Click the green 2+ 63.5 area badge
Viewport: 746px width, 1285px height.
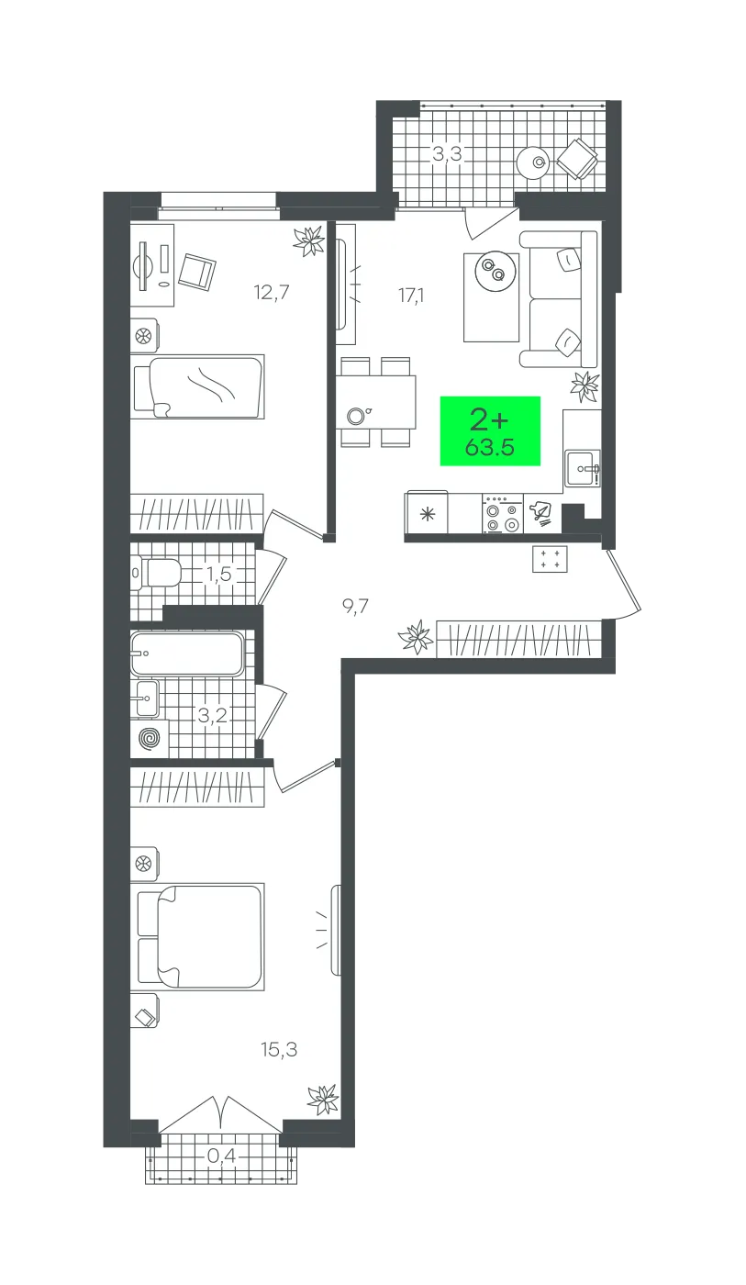490,430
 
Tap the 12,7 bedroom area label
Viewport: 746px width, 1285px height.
272,293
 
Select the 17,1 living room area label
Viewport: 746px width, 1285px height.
411,296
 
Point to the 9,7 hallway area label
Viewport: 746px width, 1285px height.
355,606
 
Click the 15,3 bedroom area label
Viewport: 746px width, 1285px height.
279,1050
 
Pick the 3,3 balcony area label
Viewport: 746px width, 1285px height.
447,154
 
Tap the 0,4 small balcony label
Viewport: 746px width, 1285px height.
221,1156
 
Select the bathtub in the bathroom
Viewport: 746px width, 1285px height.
187,654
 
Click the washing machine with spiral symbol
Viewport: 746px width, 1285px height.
150,739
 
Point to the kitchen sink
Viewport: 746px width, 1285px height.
583,469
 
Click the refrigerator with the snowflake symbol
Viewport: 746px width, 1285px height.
427,513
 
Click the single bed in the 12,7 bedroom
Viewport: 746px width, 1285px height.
198,386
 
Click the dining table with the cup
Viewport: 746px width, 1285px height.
375,402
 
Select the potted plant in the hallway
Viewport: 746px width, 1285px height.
416,636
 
